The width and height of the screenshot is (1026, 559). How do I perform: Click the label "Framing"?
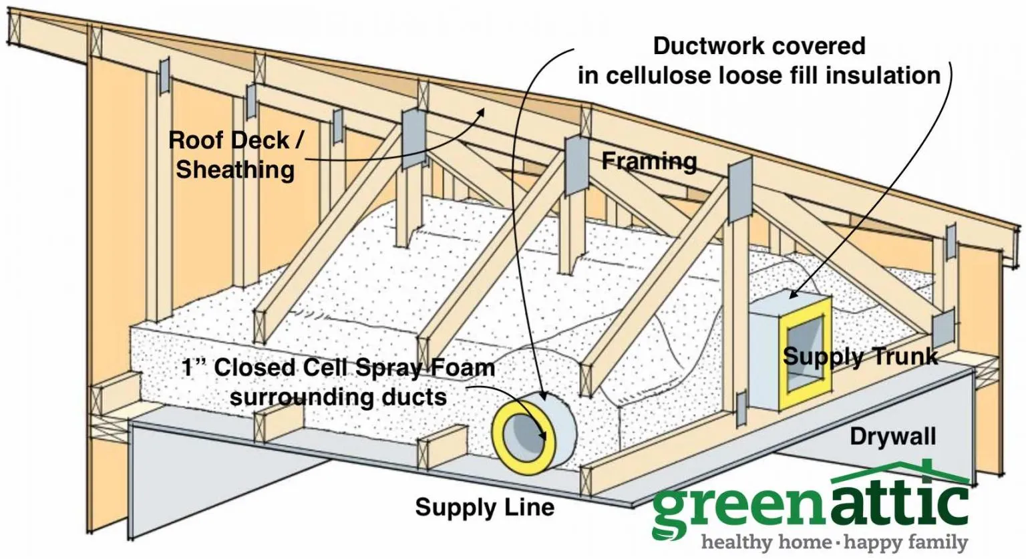click(x=649, y=162)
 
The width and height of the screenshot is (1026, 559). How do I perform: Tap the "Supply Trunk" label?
click(x=860, y=357)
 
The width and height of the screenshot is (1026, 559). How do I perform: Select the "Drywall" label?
click(x=892, y=437)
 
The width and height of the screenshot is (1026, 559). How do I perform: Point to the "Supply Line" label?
click(x=484, y=507)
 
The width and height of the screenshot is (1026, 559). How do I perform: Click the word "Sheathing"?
click(x=235, y=170)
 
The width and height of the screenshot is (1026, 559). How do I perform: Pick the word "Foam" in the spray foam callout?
click(x=461, y=367)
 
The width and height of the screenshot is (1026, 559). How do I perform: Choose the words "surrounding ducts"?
click(x=338, y=397)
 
